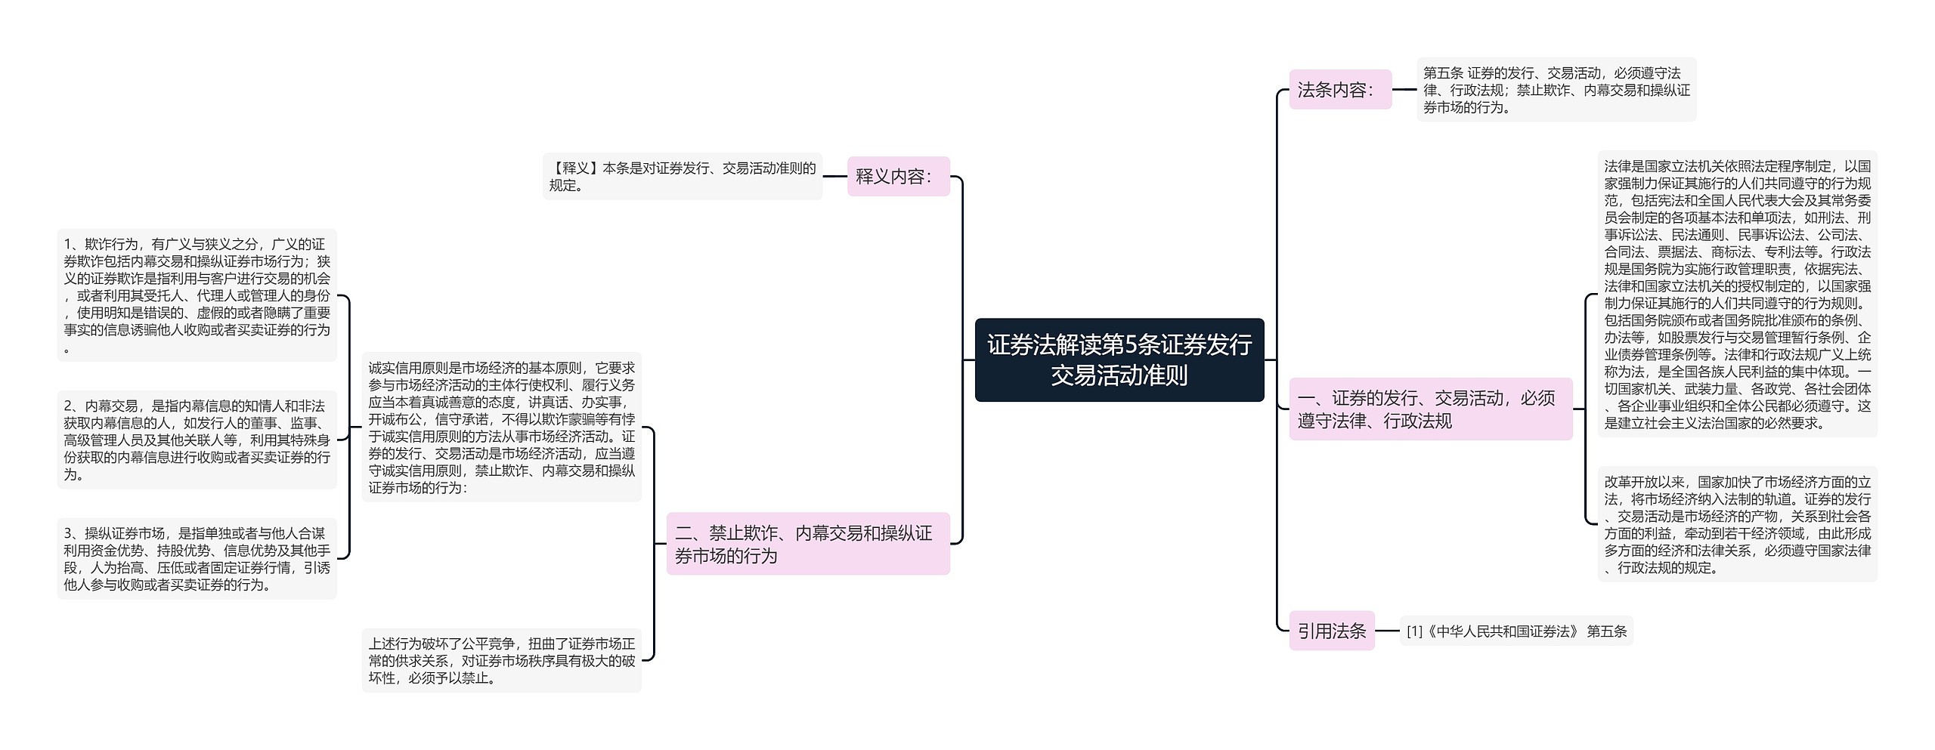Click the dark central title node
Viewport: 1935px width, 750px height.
pos(1119,360)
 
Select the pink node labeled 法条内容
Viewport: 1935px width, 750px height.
pos(1339,90)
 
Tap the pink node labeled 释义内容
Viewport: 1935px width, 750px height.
pos(898,177)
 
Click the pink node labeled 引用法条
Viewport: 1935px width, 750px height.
pos(1331,631)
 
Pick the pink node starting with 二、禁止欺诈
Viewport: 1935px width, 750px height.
pos(807,544)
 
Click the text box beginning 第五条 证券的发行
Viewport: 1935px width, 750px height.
pos(1556,90)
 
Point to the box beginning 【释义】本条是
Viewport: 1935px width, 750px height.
pos(682,177)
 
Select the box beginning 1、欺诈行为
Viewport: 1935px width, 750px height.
pos(197,295)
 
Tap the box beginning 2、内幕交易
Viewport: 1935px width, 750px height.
pos(197,440)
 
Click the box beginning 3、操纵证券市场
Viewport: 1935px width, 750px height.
pos(197,559)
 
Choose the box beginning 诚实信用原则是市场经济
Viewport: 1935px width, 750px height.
pos(501,427)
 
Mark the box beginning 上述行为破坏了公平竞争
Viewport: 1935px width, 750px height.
pos(501,661)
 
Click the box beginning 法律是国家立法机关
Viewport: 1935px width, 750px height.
pos(1737,294)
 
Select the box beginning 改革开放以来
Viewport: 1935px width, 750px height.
pos(1737,524)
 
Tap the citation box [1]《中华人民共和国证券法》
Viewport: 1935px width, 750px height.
pos(1516,631)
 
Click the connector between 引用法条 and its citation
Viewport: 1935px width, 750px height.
pos(1387,631)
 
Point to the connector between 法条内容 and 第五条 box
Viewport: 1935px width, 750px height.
pos(1404,90)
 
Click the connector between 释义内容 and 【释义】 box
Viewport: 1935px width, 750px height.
pos(834,177)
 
